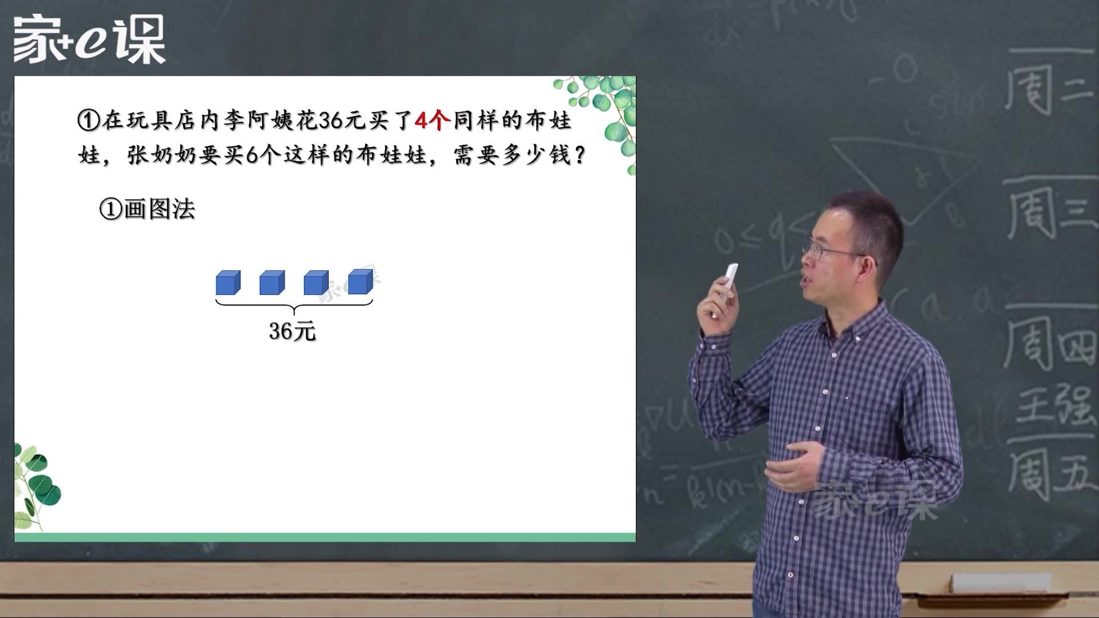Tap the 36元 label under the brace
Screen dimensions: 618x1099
[x=292, y=331]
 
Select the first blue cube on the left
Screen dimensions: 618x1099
[x=228, y=283]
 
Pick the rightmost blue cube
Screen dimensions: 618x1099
[x=361, y=282]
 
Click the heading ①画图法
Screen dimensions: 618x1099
[x=147, y=209]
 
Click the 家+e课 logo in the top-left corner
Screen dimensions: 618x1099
[x=89, y=39]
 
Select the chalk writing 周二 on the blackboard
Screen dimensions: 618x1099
[x=1047, y=89]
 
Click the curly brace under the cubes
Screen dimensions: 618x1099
[x=294, y=306]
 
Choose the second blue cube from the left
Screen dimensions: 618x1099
[x=272, y=283]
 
